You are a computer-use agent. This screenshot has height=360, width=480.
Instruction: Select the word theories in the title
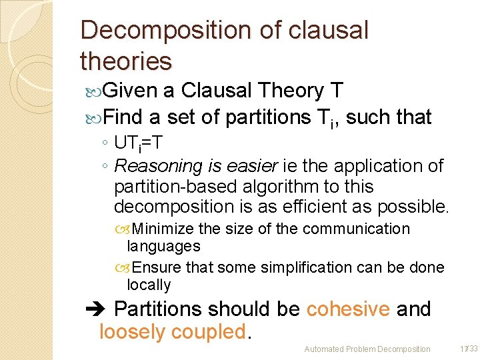click(125, 61)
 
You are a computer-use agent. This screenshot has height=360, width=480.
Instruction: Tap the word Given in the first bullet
click(130, 90)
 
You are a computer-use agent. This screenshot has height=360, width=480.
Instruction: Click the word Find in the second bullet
click(123, 117)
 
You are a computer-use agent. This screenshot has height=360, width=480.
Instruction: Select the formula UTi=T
click(139, 143)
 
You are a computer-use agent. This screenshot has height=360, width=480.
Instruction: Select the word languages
click(163, 246)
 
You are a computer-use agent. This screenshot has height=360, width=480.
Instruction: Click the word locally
click(149, 285)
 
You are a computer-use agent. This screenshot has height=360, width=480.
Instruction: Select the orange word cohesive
click(348, 309)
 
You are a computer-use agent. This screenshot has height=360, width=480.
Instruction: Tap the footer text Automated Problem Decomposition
click(367, 349)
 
